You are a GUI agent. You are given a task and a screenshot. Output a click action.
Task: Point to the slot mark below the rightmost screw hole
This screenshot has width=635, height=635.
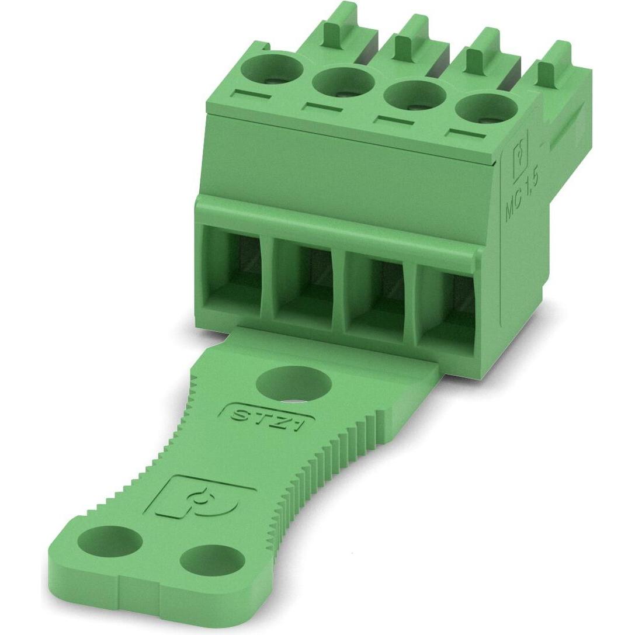[466, 136]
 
